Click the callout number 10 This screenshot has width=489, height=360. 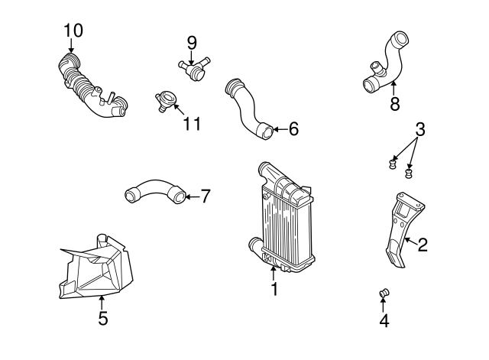[73, 31]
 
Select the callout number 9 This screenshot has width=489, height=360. [191, 41]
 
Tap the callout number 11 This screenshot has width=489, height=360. [193, 123]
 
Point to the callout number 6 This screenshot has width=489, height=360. [293, 129]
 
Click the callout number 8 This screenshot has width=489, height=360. [394, 104]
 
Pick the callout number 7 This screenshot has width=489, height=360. [205, 196]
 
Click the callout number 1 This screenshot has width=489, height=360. [274, 290]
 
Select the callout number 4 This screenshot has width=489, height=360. [384, 321]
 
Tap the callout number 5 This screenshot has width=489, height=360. [103, 317]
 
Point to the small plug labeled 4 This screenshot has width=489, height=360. [385, 293]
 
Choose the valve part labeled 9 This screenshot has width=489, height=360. [194, 67]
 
